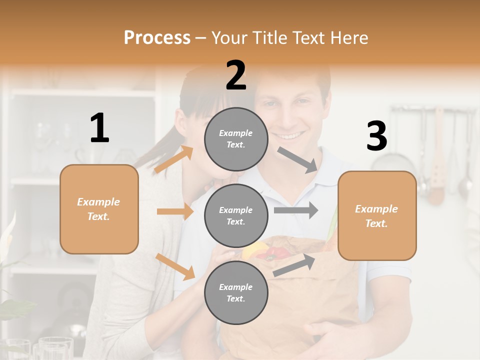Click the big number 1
tap(99, 128)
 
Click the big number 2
tap(236, 75)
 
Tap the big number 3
tap(376, 136)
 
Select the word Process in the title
tap(157, 37)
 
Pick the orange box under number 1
tap(99, 209)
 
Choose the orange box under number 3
tap(377, 215)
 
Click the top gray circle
tap(236, 138)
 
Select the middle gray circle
tap(236, 215)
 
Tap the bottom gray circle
tap(236, 292)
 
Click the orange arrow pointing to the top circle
tap(174, 159)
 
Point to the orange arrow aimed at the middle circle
tap(175, 211)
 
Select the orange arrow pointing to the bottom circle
tap(175, 266)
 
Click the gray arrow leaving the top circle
tap(297, 159)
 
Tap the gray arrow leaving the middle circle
tap(296, 210)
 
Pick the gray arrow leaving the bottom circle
tap(294, 265)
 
